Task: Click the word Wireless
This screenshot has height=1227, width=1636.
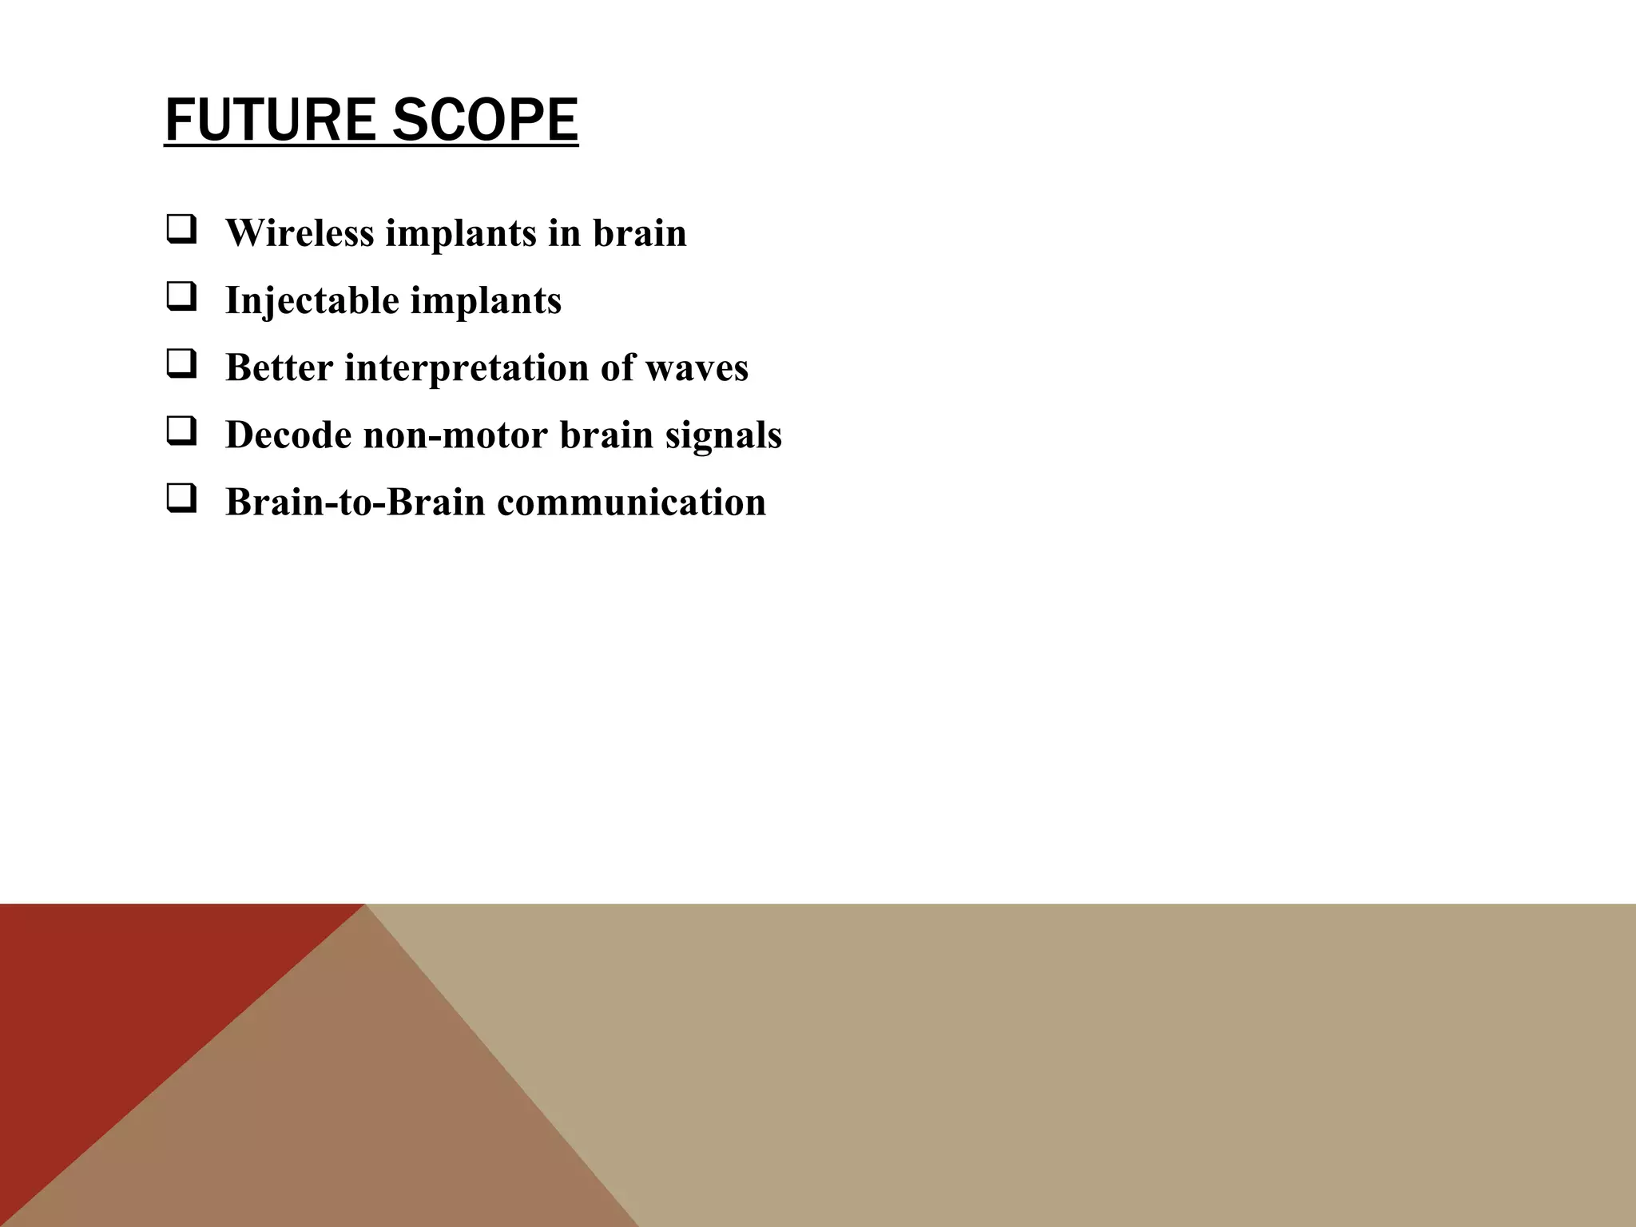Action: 300,233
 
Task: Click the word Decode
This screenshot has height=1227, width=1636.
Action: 288,436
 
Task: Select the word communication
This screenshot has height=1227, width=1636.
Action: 631,503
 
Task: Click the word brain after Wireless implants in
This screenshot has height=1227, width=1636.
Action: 639,233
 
